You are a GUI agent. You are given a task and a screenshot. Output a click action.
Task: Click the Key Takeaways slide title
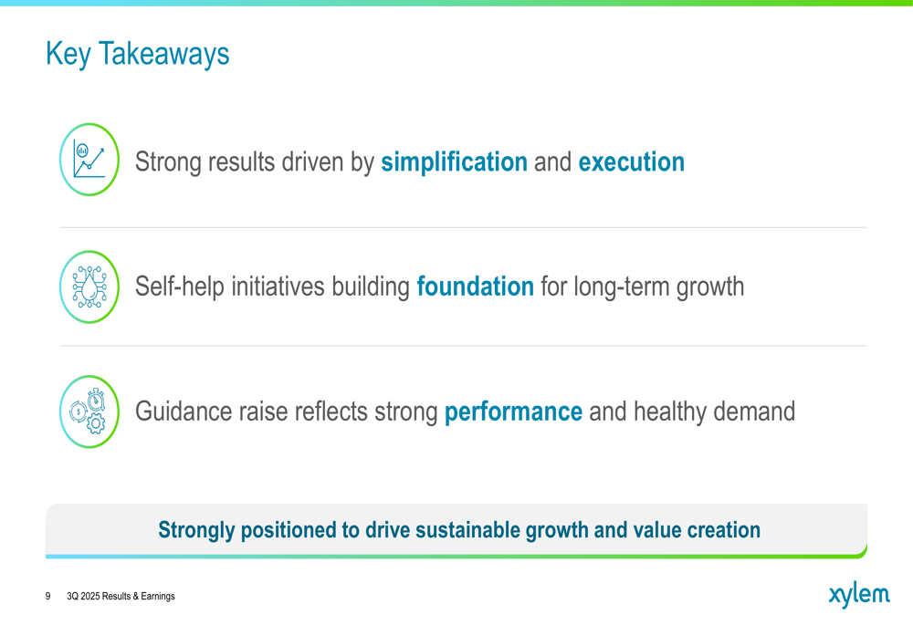click(138, 55)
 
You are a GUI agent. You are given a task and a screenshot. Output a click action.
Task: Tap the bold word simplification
click(454, 161)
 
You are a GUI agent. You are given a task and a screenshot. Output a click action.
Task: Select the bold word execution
click(631, 161)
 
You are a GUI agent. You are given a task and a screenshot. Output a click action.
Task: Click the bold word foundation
click(475, 286)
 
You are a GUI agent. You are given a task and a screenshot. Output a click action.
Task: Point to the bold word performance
click(513, 412)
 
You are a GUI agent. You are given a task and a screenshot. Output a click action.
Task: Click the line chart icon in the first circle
click(89, 159)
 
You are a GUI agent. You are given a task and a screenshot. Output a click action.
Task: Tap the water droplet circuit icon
click(89, 286)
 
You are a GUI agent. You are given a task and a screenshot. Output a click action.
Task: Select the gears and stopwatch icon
click(88, 411)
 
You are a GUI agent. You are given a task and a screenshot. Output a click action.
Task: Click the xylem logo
click(859, 595)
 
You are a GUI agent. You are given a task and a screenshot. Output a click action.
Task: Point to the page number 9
click(47, 596)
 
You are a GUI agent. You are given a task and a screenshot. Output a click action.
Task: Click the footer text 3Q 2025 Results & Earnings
click(121, 596)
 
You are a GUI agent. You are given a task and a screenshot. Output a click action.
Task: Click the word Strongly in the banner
click(196, 531)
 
